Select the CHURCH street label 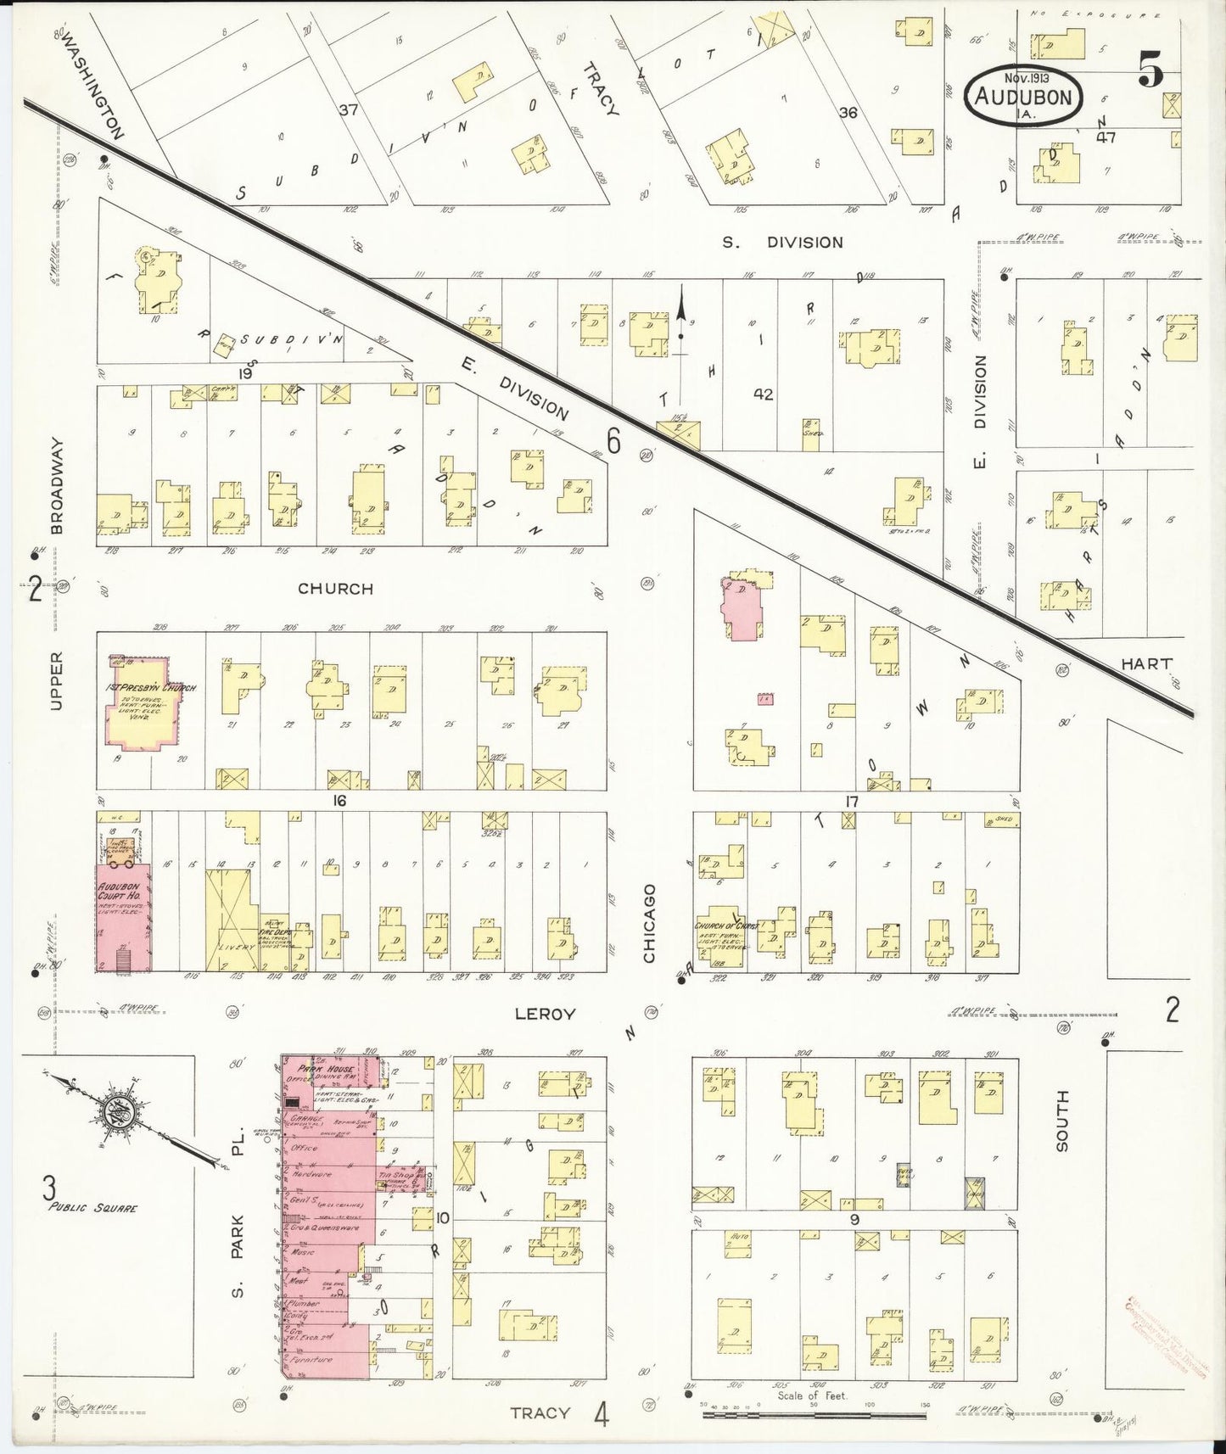[336, 588]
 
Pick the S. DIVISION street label [782, 243]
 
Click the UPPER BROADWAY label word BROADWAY [58, 485]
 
